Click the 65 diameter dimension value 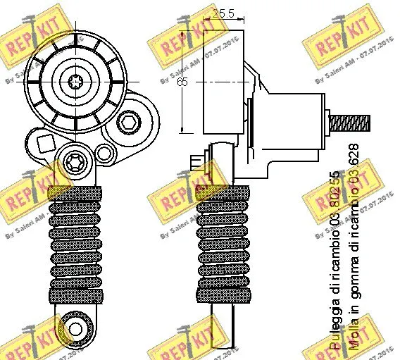[x=182, y=82]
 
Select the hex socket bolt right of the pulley [x=129, y=124]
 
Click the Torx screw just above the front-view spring [x=75, y=165]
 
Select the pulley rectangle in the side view [x=224, y=82]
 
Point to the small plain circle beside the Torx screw [x=105, y=153]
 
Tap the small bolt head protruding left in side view [x=196, y=166]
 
